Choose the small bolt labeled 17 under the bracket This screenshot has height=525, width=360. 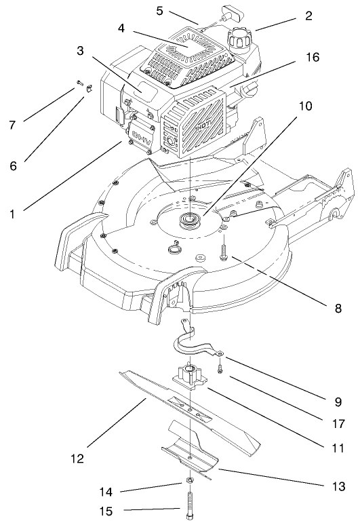(x=221, y=368)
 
